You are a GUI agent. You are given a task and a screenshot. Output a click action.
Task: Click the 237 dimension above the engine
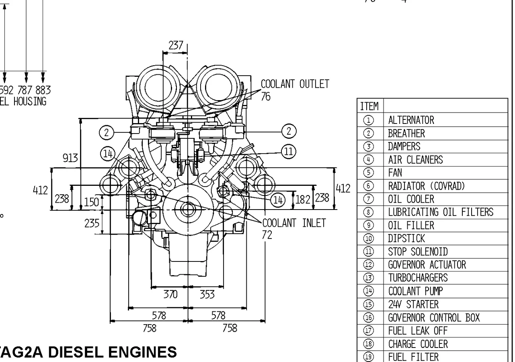pyautogui.click(x=176, y=45)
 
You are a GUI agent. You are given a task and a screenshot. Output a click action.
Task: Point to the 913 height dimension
pyautogui.click(x=70, y=158)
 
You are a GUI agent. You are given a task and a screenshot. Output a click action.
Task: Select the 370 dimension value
pyautogui.click(x=170, y=294)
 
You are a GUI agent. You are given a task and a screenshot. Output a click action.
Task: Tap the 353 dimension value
pyautogui.click(x=207, y=294)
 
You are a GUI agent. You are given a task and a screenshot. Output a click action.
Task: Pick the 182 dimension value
pyautogui.click(x=302, y=199)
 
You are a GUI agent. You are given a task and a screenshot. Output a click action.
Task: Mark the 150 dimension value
pyautogui.click(x=92, y=202)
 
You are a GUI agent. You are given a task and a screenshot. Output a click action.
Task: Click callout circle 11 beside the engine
pyautogui.click(x=288, y=152)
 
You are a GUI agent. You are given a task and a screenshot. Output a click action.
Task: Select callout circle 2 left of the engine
pyautogui.click(x=107, y=132)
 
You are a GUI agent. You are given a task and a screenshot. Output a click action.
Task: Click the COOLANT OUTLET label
pyautogui.click(x=295, y=84)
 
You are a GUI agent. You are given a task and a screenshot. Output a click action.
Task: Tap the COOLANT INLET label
pyautogui.click(x=294, y=223)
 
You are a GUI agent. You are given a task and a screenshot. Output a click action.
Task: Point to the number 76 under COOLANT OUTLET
pyautogui.click(x=266, y=97)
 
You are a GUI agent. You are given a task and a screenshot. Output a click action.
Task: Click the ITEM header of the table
pyautogui.click(x=369, y=106)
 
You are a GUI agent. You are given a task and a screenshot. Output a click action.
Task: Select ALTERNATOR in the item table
pyautogui.click(x=411, y=120)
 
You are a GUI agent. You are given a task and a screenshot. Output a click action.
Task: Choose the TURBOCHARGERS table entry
pyautogui.click(x=418, y=278)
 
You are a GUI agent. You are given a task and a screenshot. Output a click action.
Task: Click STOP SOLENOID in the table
pyautogui.click(x=418, y=252)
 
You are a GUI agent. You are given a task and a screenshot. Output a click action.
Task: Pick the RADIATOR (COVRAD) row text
pyautogui.click(x=426, y=186)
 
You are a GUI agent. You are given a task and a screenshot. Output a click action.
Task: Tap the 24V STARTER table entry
pyautogui.click(x=413, y=304)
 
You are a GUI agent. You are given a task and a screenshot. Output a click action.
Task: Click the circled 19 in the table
pyautogui.click(x=369, y=357)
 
